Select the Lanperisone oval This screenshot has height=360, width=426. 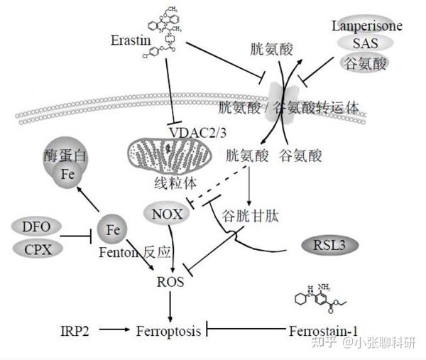point(366,26)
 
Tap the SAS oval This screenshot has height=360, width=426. point(366,45)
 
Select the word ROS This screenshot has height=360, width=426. point(170,282)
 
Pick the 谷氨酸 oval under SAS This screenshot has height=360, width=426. point(366,65)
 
